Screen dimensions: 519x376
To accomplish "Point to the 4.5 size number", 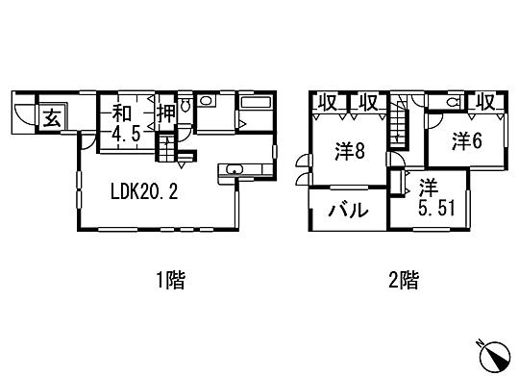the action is (x=126, y=134).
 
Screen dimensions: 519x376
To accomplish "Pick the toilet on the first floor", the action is (x=207, y=103).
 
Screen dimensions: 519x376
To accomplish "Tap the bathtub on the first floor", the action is (x=255, y=104).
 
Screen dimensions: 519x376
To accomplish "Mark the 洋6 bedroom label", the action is (x=466, y=140).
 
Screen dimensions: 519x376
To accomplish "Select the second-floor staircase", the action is (x=398, y=130).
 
